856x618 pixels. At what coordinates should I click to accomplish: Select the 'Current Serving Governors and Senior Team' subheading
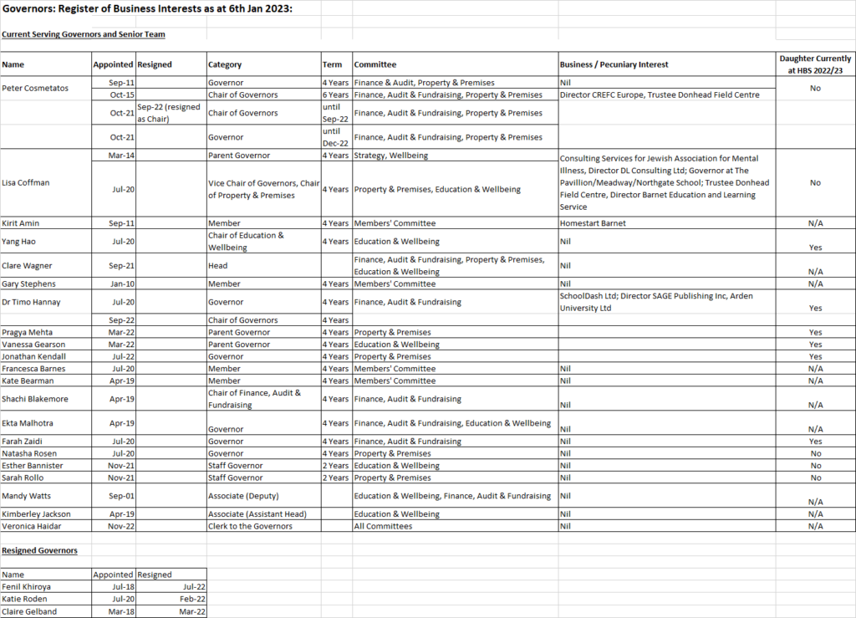click(x=84, y=34)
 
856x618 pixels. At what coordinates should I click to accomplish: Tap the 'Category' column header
click(x=225, y=64)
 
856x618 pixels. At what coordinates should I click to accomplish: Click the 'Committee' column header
click(x=375, y=64)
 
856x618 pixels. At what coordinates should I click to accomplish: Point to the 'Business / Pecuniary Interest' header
click(x=614, y=64)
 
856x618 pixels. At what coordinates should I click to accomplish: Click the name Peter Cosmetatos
click(x=35, y=88)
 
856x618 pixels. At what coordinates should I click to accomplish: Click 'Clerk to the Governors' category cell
click(x=251, y=526)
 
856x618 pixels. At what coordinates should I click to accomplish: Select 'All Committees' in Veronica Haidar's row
click(x=384, y=526)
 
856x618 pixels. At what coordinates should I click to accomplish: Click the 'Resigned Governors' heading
click(x=39, y=550)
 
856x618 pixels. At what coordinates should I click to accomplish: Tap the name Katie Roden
click(x=24, y=599)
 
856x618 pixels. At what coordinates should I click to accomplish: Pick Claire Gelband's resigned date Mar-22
click(x=192, y=611)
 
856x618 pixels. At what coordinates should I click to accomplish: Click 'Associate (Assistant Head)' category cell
click(x=258, y=514)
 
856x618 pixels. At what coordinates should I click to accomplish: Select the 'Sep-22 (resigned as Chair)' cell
click(x=171, y=113)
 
